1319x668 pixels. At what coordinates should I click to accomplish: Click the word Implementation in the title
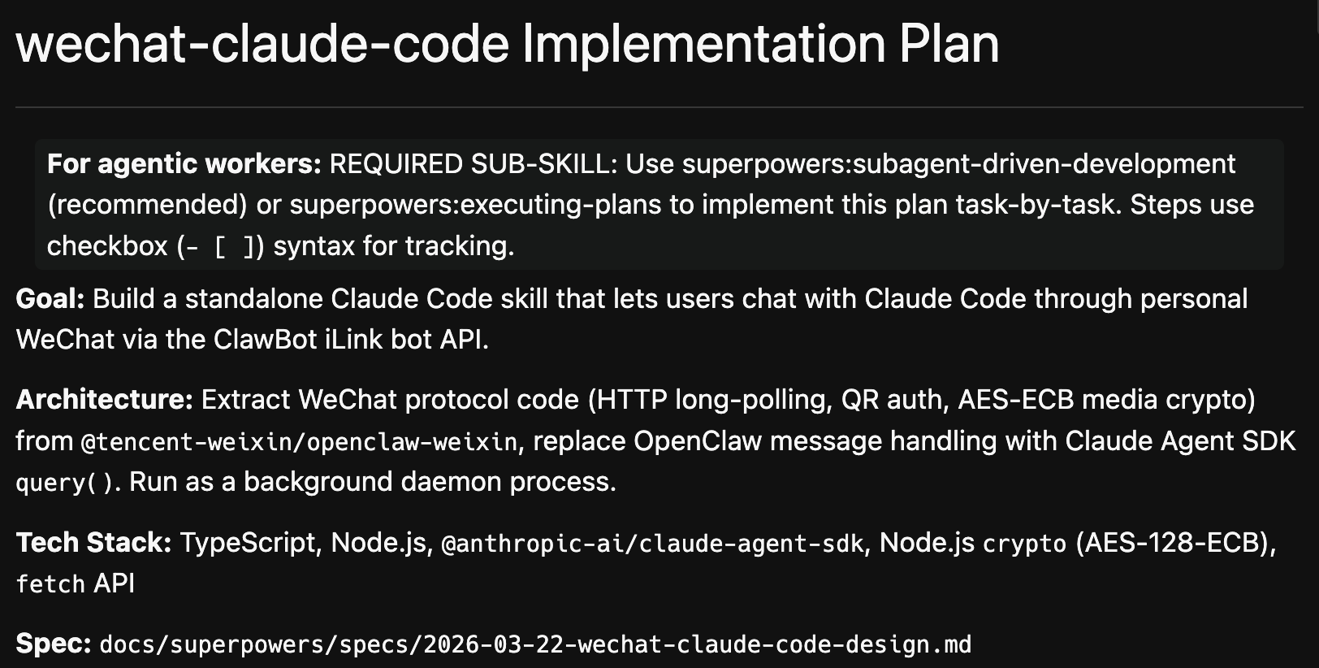pyautogui.click(x=703, y=44)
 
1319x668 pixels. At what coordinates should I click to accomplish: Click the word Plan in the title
pyautogui.click(x=949, y=44)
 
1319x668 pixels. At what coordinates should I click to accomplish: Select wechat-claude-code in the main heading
pyautogui.click(x=262, y=44)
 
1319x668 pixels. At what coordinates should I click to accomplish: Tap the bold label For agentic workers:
pyautogui.click(x=184, y=164)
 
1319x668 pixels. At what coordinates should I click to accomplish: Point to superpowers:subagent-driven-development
pyautogui.click(x=958, y=164)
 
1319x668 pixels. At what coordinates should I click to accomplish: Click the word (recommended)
pyautogui.click(x=147, y=205)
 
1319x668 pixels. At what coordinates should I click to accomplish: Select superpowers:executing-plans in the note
pyautogui.click(x=475, y=205)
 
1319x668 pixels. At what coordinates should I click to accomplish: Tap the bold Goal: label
pyautogui.click(x=50, y=299)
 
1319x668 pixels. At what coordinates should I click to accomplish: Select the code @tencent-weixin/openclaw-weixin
pyautogui.click(x=299, y=442)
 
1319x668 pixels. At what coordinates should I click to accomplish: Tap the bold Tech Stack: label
pyautogui.click(x=93, y=543)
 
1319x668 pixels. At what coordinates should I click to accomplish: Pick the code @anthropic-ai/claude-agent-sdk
pyautogui.click(x=651, y=544)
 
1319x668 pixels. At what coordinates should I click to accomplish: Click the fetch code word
pyautogui.click(x=50, y=584)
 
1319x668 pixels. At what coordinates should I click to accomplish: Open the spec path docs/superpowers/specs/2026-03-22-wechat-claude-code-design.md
pyautogui.click(x=535, y=645)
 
